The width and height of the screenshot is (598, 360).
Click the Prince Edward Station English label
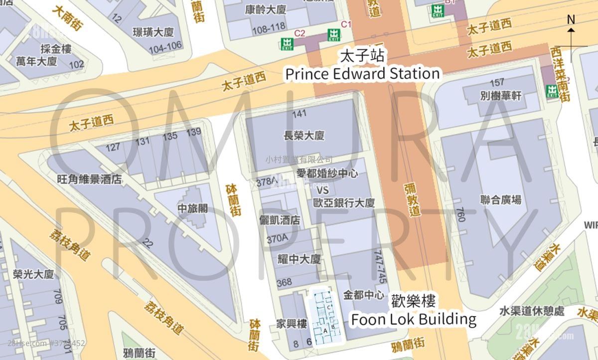tap(362, 74)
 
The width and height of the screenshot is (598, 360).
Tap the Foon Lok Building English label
tap(413, 319)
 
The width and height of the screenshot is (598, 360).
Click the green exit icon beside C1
tap(334, 35)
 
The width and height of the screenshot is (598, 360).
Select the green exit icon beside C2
tap(287, 43)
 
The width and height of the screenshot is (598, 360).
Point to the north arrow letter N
tap(571, 19)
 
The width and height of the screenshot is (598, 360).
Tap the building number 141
tap(299, 114)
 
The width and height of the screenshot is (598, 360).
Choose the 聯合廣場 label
tap(501, 200)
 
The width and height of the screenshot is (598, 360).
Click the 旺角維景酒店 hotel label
tap(90, 179)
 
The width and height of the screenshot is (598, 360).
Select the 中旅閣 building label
tap(193, 208)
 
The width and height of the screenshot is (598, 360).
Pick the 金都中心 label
tap(364, 295)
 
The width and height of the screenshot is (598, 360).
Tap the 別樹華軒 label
tap(501, 95)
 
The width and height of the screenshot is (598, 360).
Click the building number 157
tap(497, 83)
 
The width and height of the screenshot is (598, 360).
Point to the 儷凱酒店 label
tap(280, 220)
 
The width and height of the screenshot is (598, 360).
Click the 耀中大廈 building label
tap(299, 259)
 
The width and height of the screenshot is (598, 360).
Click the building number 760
tap(460, 214)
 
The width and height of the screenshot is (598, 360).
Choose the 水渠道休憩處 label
tap(532, 311)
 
